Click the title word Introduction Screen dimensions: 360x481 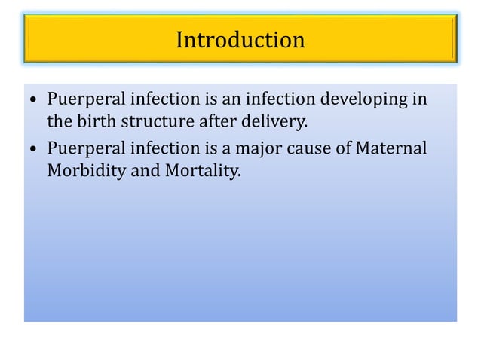pyautogui.click(x=240, y=39)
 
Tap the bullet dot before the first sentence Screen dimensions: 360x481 pyautogui.click(x=34, y=101)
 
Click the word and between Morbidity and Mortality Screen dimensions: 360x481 pyautogui.click(x=143, y=171)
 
